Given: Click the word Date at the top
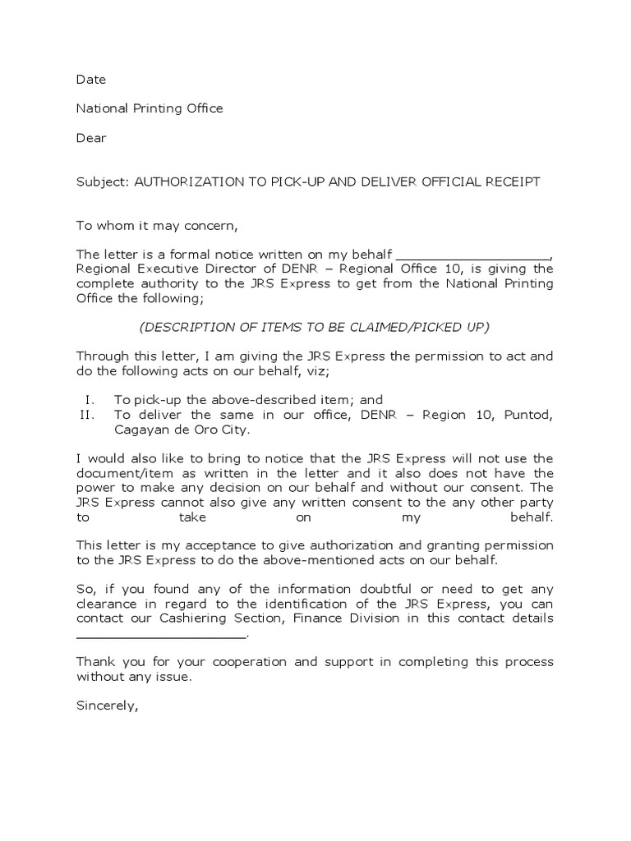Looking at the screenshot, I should click(91, 80).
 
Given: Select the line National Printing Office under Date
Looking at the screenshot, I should click(150, 108).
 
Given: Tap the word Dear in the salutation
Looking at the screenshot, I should click(91, 138).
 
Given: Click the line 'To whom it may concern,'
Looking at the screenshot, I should click(156, 226).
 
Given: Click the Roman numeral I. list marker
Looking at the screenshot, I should click(90, 400).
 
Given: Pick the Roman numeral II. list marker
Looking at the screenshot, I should click(88, 415).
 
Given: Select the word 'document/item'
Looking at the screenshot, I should click(118, 473).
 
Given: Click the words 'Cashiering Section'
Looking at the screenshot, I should click(221, 618).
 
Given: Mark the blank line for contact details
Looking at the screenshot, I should click(161, 632).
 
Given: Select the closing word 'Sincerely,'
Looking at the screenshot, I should click(108, 705).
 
